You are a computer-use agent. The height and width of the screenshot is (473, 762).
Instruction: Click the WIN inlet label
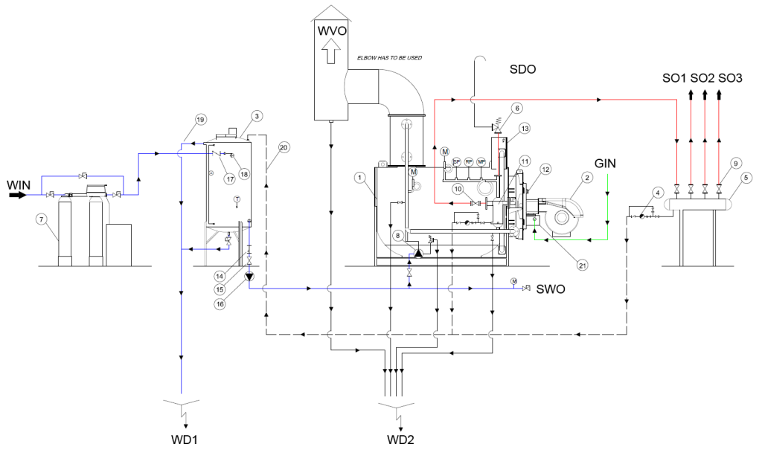pos(17,184)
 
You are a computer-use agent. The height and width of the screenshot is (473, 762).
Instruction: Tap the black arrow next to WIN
pos(18,196)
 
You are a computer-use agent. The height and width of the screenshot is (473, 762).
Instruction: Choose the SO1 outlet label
pos(675,77)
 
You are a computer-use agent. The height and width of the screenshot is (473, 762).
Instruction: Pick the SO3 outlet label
pos(731,77)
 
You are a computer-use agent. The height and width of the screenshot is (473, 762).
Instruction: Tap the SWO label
pos(551,289)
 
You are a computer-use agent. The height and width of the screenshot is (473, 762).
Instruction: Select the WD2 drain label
pos(400,440)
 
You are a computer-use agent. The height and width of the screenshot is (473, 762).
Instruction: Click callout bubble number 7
pos(41,219)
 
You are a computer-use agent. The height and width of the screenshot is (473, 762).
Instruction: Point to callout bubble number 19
pos(200,119)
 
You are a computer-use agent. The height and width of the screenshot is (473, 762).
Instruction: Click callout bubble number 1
pos(359,178)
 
